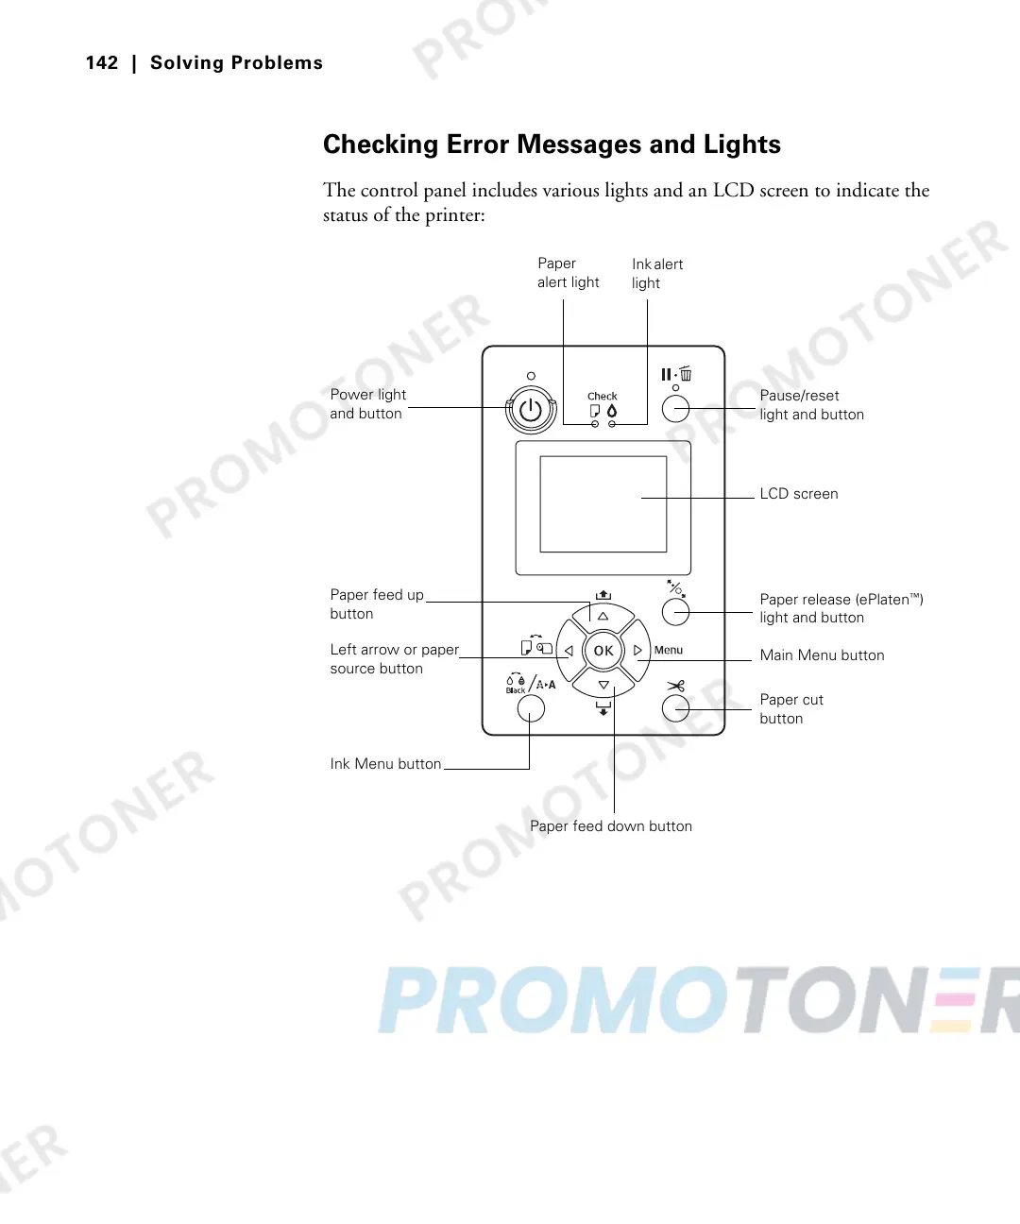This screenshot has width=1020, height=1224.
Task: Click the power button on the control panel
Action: coord(531,410)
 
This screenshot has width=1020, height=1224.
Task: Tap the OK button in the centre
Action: coord(603,650)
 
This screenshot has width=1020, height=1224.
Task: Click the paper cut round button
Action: coord(675,708)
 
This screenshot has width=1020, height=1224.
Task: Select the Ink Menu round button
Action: coord(531,708)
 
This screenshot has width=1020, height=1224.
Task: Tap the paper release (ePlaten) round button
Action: coord(675,612)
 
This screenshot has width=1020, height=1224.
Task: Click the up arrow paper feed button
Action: coord(603,617)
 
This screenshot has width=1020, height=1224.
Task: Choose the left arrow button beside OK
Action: coord(569,651)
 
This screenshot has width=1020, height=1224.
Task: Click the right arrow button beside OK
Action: coord(638,651)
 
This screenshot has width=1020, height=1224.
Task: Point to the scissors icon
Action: coord(675,686)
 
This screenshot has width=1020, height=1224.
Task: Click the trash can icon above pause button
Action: coord(686,374)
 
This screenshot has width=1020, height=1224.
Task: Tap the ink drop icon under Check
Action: coord(612,411)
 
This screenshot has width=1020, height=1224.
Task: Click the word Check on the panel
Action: coord(602,397)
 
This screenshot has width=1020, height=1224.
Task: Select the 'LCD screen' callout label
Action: coord(798,494)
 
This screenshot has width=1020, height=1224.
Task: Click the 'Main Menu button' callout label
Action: coord(822,655)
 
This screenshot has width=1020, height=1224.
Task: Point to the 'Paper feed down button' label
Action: coord(610,826)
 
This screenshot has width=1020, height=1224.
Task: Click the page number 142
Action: coord(102,63)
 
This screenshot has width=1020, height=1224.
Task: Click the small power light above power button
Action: coord(531,376)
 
